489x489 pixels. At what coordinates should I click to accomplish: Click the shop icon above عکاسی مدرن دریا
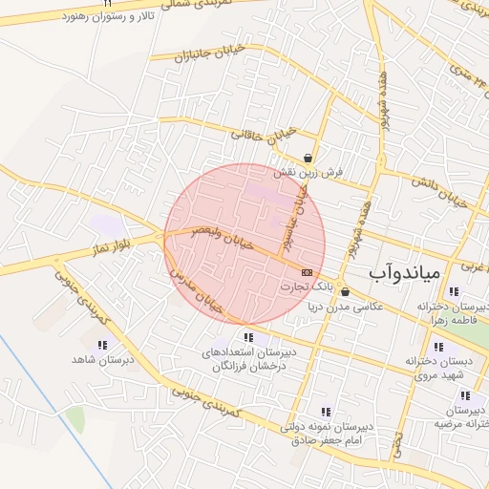click(x=344, y=292)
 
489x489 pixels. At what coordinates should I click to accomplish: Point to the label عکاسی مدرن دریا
click(x=344, y=308)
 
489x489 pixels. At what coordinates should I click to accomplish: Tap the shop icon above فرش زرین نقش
click(x=308, y=159)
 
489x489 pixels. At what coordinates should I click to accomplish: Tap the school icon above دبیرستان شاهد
click(x=101, y=345)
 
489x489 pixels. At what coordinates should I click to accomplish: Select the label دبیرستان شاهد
click(x=100, y=360)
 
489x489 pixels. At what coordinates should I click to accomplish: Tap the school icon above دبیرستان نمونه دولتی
click(x=327, y=412)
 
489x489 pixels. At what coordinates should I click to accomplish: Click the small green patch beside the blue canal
click(x=74, y=418)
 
